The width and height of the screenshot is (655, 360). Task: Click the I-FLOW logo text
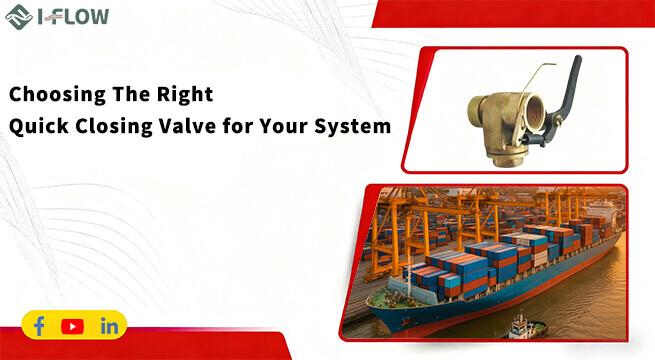(x=70, y=16)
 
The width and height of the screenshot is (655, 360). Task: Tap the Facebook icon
(x=40, y=326)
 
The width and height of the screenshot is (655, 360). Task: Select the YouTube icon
(x=72, y=326)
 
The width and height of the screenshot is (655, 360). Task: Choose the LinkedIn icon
(x=109, y=326)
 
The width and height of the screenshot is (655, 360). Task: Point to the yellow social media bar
(x=74, y=326)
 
